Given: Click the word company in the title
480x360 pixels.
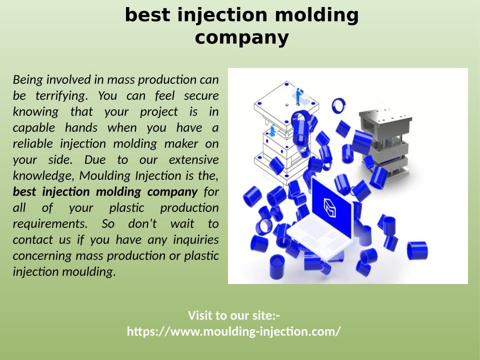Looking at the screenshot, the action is (242, 37).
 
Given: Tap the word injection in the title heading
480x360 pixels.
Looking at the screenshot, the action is (222, 15).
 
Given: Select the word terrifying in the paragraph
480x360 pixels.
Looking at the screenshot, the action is (61, 96).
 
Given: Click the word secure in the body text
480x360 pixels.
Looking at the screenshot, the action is (201, 95).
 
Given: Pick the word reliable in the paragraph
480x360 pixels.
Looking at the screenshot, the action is (33, 143).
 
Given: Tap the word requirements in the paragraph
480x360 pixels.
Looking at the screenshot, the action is (50, 224).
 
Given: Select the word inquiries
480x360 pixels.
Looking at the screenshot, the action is (196, 239).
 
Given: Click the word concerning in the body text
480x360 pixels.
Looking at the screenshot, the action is (42, 256).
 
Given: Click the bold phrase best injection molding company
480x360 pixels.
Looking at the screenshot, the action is (105, 191).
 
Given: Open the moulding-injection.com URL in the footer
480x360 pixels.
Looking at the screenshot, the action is (233, 331).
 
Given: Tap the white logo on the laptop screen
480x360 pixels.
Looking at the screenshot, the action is (329, 207).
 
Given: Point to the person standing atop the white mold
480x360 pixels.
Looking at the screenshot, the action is (298, 96).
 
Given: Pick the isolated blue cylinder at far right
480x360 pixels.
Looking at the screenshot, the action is (417, 250).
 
